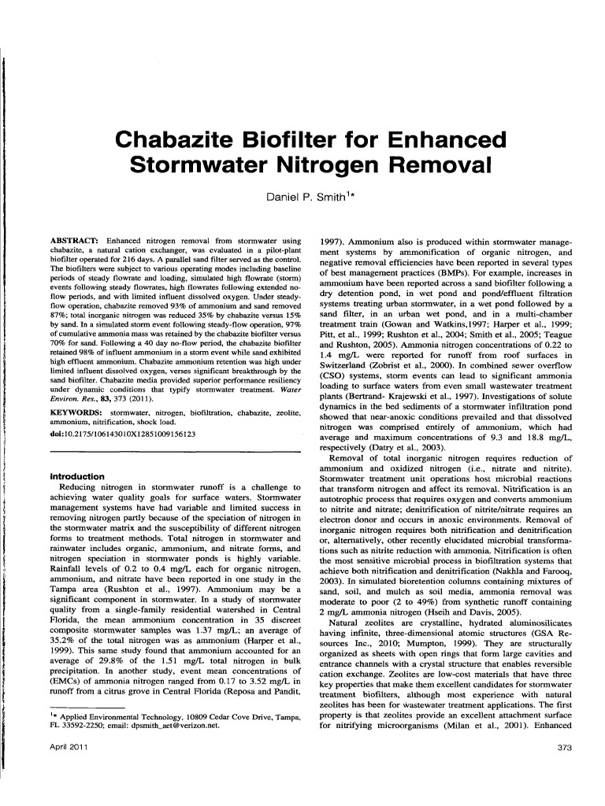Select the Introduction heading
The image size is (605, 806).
[x=77, y=476]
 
